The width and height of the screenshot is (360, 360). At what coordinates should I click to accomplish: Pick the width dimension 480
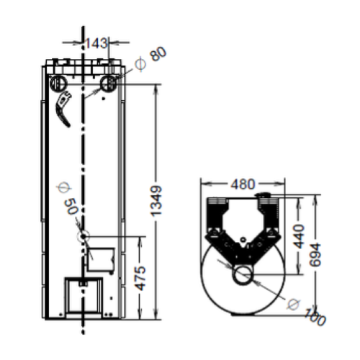point(244,184)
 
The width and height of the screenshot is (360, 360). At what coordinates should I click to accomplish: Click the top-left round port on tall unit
point(58,84)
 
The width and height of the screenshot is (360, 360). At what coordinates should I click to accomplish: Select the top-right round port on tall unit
point(109,84)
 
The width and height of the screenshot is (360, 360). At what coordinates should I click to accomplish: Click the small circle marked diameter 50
point(84,235)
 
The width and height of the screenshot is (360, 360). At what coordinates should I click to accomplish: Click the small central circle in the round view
point(242,276)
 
